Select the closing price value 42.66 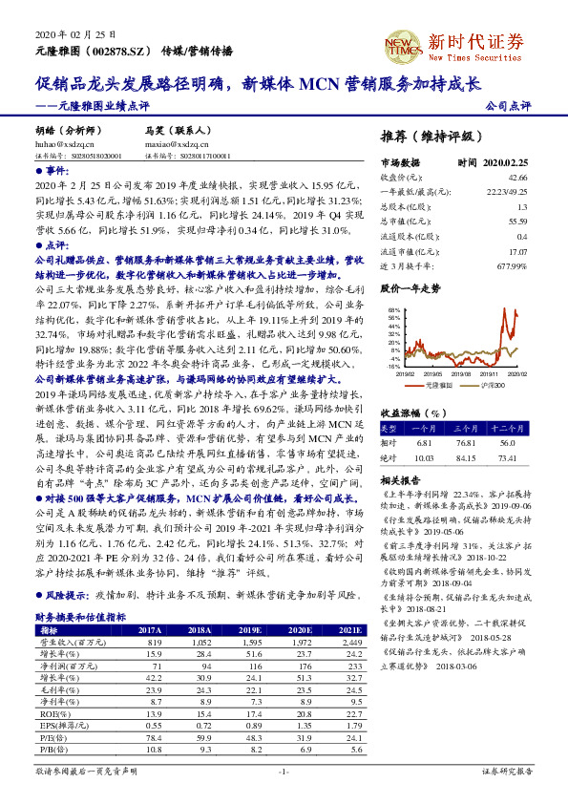(x=516, y=178)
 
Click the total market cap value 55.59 (x=516, y=222)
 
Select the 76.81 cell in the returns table (x=465, y=442)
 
